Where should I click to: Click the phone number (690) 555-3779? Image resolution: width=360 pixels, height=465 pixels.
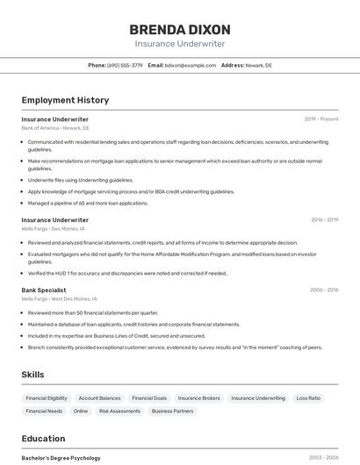[x=125, y=65]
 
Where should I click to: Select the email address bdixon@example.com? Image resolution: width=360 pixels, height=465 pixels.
[x=191, y=65]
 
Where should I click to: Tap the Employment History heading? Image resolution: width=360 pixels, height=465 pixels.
[x=65, y=100]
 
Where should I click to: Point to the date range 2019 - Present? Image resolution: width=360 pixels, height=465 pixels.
[x=321, y=119]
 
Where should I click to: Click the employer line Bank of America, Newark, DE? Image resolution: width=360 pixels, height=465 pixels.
[x=55, y=128]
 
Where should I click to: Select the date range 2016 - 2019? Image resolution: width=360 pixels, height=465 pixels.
[x=324, y=220]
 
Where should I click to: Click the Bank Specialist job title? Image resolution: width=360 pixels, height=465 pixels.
[x=44, y=290]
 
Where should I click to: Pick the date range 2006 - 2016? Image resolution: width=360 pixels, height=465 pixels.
[x=324, y=290]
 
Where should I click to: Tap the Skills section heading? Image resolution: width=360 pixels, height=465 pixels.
[x=32, y=375]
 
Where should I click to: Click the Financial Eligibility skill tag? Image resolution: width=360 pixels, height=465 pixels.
[x=47, y=398]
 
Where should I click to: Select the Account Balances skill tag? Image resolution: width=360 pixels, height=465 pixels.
[x=99, y=398]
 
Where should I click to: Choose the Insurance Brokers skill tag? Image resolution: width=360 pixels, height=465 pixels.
[x=199, y=398]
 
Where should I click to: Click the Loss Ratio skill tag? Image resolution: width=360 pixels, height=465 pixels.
[x=308, y=398]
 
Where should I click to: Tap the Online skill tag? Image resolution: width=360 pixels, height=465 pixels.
[x=81, y=411]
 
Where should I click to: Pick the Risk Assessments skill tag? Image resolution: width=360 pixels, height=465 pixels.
[x=119, y=411]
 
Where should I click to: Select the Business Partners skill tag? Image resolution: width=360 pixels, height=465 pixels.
[x=172, y=411]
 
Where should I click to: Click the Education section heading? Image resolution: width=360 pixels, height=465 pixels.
[x=43, y=439]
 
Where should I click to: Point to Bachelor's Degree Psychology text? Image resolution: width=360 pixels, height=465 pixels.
[x=61, y=458]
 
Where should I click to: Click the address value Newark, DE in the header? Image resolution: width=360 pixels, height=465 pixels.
[x=259, y=65]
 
